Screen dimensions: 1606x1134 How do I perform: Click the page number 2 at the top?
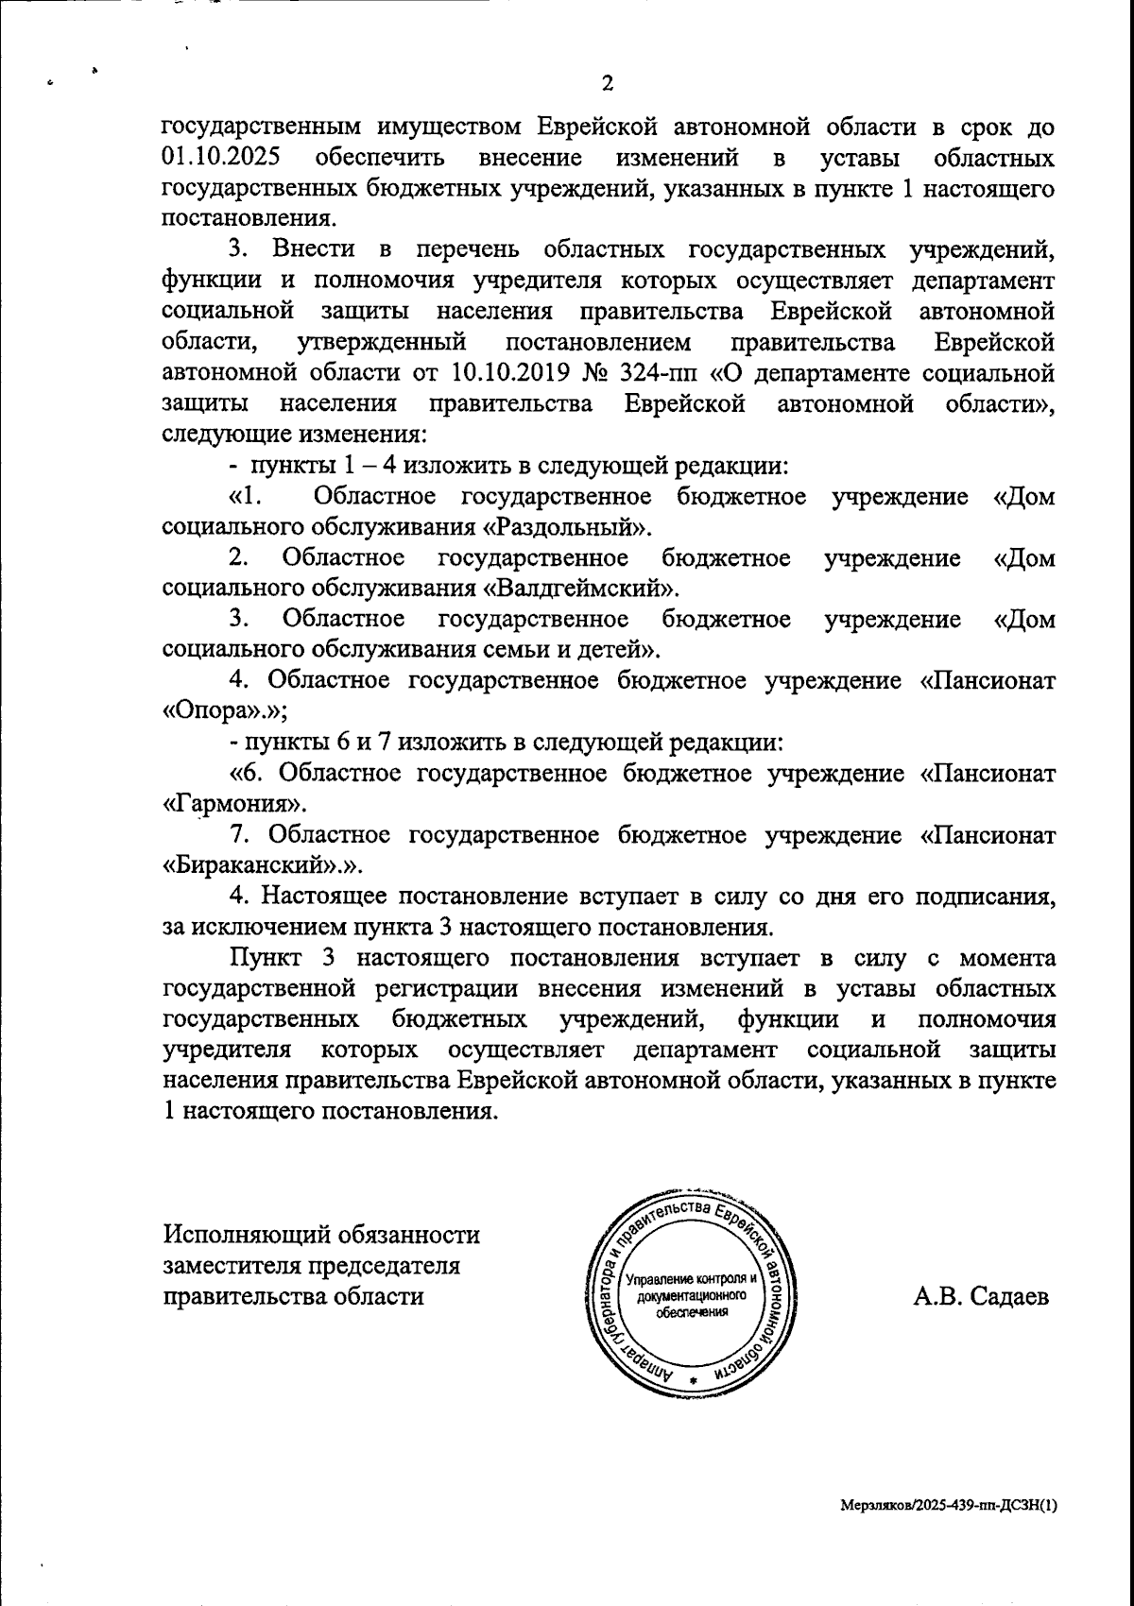(608, 83)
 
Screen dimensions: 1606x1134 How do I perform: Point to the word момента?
(1006, 957)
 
